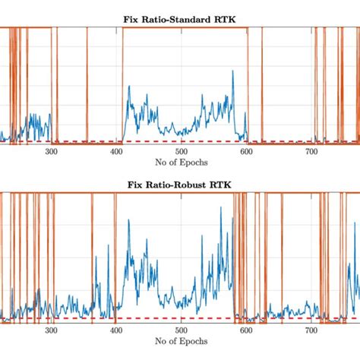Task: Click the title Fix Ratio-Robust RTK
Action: (181, 185)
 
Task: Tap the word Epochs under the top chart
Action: (194, 162)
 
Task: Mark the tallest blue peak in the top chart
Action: (129, 87)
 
